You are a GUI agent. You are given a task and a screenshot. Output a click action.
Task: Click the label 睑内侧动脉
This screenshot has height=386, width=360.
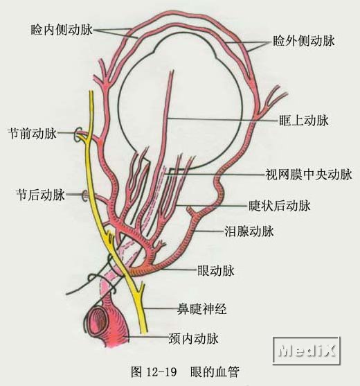point(62,30)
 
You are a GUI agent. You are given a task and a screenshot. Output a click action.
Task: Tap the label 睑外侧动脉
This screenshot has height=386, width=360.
point(304,41)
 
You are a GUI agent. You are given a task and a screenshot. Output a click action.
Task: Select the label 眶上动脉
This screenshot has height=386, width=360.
point(304,121)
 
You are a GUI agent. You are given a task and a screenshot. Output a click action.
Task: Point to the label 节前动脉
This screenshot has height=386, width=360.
point(33,134)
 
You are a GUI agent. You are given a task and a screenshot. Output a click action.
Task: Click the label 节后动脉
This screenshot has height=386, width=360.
point(41,195)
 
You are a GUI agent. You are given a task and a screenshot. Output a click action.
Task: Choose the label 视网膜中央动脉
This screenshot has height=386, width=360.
point(309,175)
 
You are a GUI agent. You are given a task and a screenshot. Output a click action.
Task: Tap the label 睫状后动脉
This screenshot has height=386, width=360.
point(280,206)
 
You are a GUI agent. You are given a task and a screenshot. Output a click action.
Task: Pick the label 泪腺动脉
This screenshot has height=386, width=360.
point(249,231)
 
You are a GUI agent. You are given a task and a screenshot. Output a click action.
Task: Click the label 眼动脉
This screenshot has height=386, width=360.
point(216,271)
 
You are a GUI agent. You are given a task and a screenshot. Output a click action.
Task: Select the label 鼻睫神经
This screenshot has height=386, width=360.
point(202,309)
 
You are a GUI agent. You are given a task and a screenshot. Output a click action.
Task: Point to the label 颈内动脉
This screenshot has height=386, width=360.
point(194,339)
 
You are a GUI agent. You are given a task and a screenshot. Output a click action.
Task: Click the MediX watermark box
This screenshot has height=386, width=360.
point(307,350)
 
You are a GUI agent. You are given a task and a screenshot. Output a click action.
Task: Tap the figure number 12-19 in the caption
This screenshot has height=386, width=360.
point(161,371)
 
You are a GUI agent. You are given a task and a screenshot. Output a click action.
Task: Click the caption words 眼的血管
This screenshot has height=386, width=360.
point(215,371)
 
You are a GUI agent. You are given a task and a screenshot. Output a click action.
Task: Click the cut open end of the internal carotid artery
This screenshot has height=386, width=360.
point(98,321)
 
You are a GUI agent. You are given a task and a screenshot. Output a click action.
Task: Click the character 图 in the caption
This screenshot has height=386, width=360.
point(136,371)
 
